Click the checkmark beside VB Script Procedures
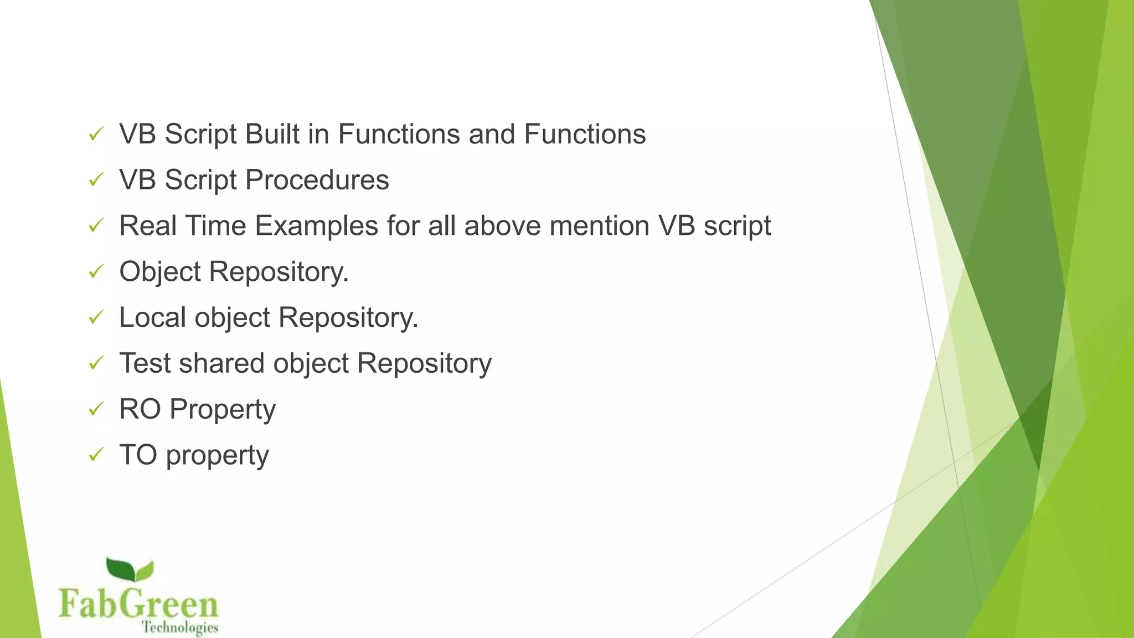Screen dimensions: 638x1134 96,179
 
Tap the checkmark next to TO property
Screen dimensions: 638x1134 96,455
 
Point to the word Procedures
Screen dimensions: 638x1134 317,180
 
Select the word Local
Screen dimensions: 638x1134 152,317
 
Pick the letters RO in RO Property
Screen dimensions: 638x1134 140,409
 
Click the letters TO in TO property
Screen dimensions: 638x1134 138,455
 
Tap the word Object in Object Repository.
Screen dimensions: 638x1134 160,272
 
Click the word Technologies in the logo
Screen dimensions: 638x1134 180,627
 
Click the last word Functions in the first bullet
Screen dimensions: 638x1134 585,134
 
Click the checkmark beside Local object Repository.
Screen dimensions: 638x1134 96,317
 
